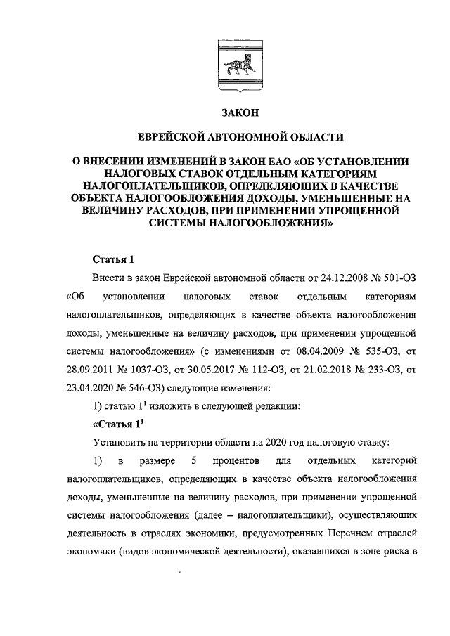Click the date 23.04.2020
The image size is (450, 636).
pos(91,388)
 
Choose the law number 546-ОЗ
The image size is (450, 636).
pos(150,388)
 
